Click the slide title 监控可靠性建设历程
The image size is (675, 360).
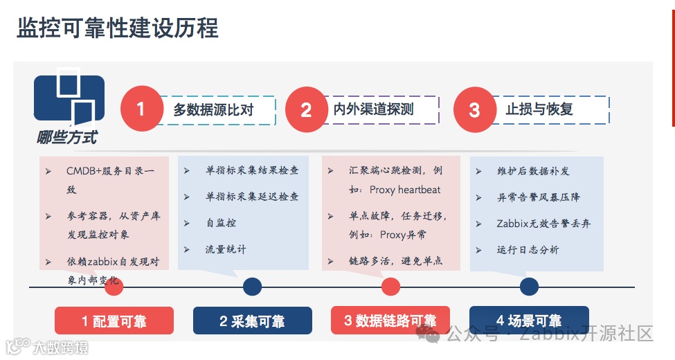coord(118,28)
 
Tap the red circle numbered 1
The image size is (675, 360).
coord(141,109)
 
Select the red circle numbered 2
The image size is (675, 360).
coord(307,109)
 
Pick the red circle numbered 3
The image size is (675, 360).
coord(474,109)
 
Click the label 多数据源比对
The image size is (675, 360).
coord(213,109)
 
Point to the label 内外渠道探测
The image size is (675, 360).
coord(374,109)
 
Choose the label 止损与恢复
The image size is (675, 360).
coord(539,109)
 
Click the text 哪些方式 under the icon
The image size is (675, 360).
coord(67,138)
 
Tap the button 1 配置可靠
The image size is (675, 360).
coord(114,321)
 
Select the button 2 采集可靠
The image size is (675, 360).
coord(252,321)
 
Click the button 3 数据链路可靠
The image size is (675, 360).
coord(390,321)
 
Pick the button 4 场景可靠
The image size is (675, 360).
coord(529,321)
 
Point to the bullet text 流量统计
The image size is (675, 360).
coord(225,249)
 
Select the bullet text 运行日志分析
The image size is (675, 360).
coord(528,249)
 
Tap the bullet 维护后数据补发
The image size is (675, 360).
coord(533,171)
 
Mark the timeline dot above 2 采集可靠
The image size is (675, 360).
coord(252,287)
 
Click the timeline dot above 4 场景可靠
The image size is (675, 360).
coord(529,287)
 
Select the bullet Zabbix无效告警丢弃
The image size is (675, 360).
coord(543,224)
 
